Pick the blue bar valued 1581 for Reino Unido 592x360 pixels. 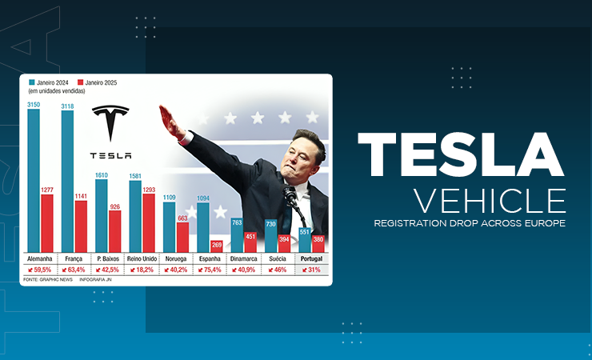[x=135, y=216]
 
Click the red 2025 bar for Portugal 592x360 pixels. [x=318, y=246]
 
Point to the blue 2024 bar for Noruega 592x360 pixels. [x=169, y=227]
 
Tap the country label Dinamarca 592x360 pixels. [x=243, y=260]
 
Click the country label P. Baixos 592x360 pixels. [x=107, y=260]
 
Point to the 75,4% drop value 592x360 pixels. [x=210, y=270]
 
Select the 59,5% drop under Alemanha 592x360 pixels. [x=40, y=270]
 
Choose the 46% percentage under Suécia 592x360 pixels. [x=278, y=270]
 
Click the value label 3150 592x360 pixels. [x=34, y=104]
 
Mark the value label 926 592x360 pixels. [x=114, y=206]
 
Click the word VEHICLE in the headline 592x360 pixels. [x=489, y=200]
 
